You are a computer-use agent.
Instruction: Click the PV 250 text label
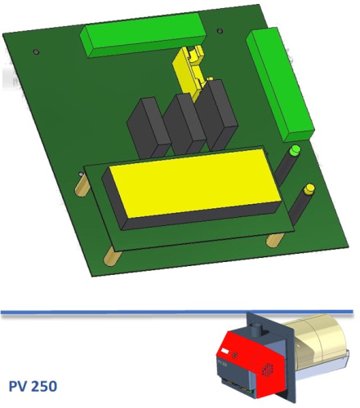[x=33, y=386]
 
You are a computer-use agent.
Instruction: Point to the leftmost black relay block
[x=149, y=129]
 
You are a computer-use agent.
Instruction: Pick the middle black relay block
[x=184, y=124]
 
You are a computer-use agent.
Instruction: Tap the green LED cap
[x=295, y=150]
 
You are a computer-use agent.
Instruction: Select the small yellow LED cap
[x=309, y=189]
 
